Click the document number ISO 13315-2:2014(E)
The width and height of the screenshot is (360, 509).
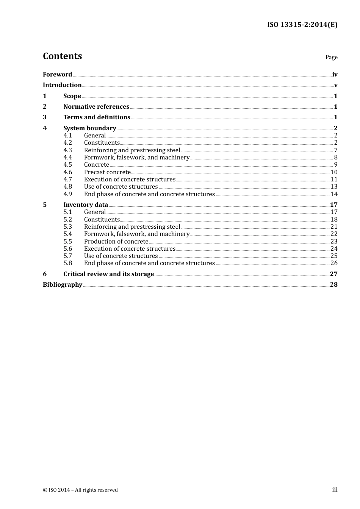click(x=302, y=25)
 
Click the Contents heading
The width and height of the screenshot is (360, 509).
click(x=62, y=56)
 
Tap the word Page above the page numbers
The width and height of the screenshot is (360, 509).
click(x=331, y=57)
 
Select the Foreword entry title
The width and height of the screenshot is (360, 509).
click(x=57, y=75)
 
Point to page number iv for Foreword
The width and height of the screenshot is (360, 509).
click(x=335, y=75)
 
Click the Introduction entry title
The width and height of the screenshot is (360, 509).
click(x=62, y=85)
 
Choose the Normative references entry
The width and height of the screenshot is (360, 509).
click(x=96, y=107)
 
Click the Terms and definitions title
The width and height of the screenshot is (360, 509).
click(x=97, y=117)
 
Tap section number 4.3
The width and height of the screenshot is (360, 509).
click(x=67, y=150)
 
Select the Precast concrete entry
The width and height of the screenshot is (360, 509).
click(x=107, y=172)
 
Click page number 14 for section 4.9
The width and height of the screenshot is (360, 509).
click(x=334, y=194)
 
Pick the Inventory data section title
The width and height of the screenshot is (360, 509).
click(x=86, y=205)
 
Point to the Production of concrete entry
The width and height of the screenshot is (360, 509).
click(x=116, y=242)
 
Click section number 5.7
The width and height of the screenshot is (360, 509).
click(x=67, y=256)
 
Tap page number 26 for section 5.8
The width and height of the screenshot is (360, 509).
click(x=334, y=263)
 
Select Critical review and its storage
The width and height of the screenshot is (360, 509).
click(x=108, y=274)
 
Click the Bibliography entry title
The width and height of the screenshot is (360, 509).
click(x=63, y=285)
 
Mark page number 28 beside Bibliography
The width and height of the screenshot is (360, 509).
click(x=333, y=285)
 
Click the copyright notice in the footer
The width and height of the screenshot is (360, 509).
click(x=80, y=490)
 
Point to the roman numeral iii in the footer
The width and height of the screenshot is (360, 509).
click(x=335, y=490)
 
